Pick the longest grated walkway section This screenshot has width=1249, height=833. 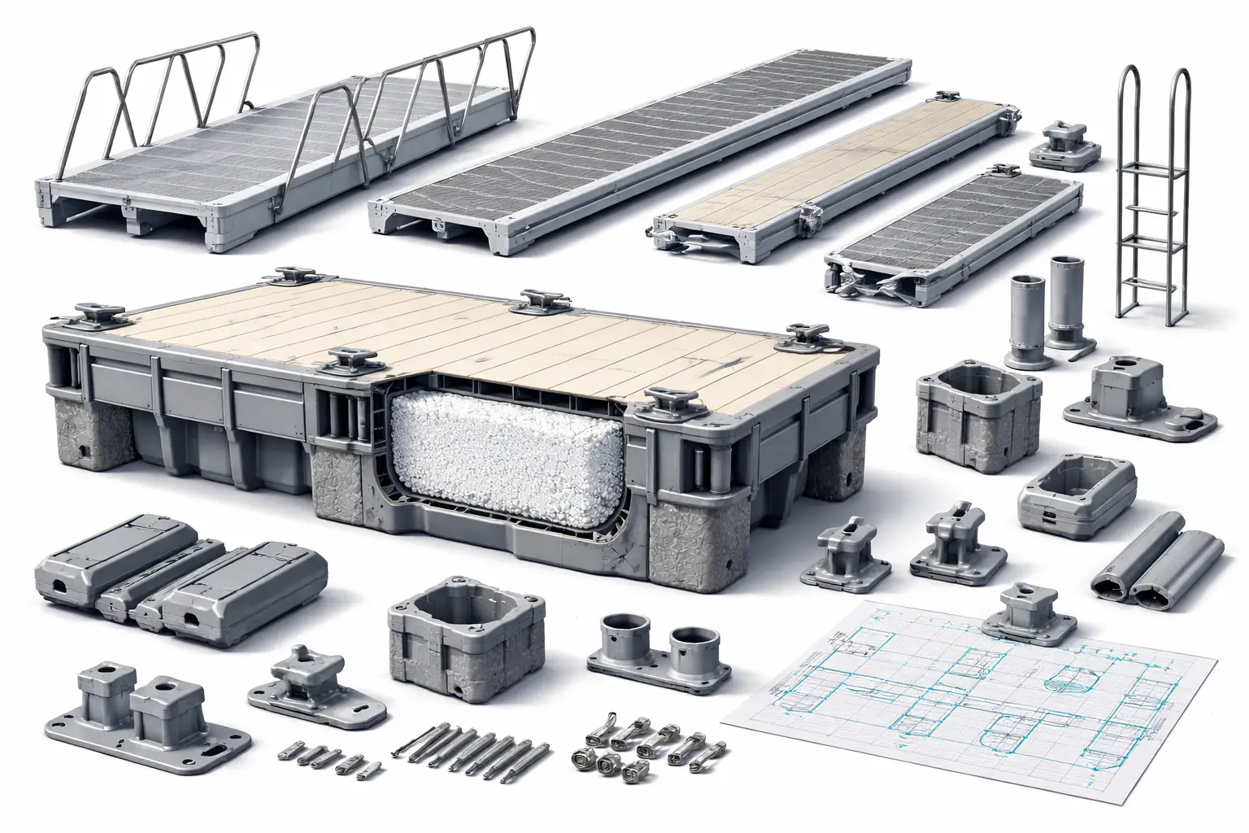pos(642,146)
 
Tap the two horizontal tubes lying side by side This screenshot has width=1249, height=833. pos(1159,561)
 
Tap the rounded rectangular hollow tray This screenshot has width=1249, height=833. pos(1076,493)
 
